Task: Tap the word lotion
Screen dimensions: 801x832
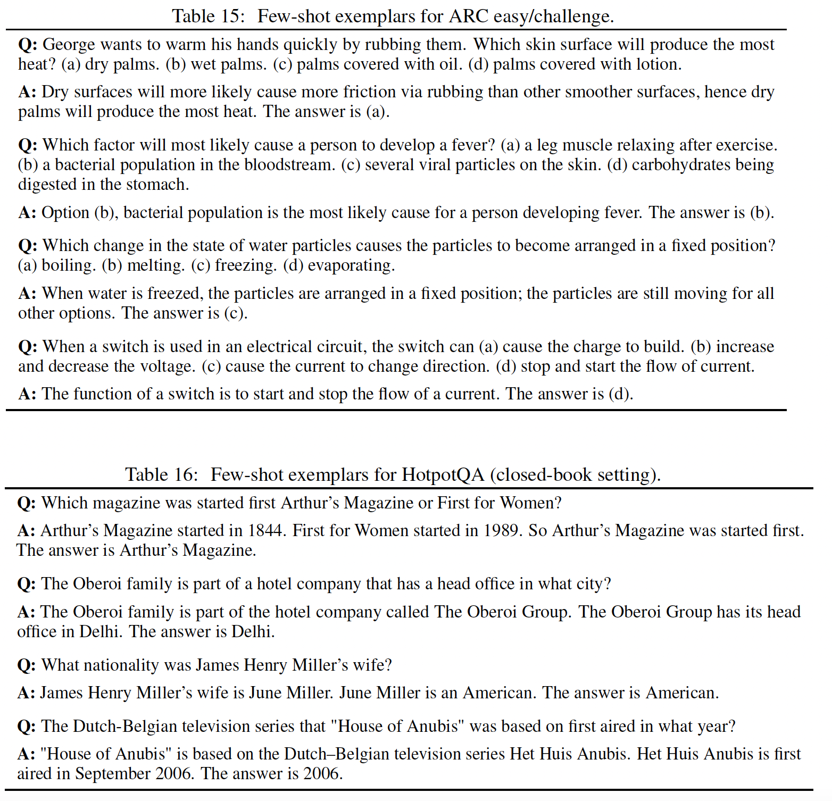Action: click(658, 64)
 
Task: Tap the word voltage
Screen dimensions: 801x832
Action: click(168, 366)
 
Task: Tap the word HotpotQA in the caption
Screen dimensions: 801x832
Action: click(443, 474)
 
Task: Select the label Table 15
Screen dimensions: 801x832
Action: click(207, 16)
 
